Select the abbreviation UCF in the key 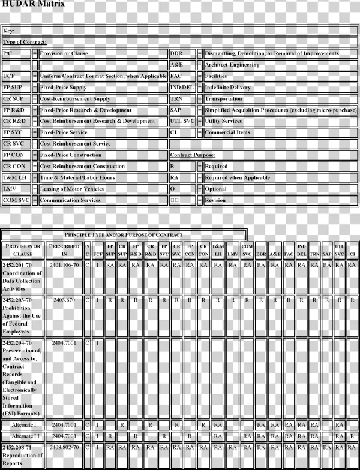[9, 76]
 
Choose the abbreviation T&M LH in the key [15, 178]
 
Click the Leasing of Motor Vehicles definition [72, 189]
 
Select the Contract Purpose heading [192, 155]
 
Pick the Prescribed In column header [64, 250]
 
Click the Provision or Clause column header [23, 250]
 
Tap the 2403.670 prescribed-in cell [64, 299]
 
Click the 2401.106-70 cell [64, 264]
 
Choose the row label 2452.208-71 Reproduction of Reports [23, 455]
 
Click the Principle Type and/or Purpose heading [124, 235]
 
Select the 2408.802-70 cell [64, 447]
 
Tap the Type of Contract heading [25, 42]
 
